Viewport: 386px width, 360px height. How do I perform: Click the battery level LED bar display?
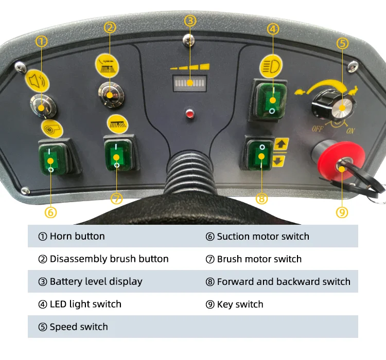(190, 82)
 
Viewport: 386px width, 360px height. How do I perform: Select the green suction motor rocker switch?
(50, 158)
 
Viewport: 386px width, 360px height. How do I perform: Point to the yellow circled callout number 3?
(190, 21)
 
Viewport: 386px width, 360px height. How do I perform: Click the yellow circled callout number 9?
(343, 211)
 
